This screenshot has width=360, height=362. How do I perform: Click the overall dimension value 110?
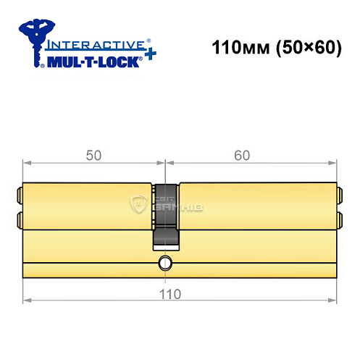(169, 294)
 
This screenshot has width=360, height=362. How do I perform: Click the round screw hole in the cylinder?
(165, 262)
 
